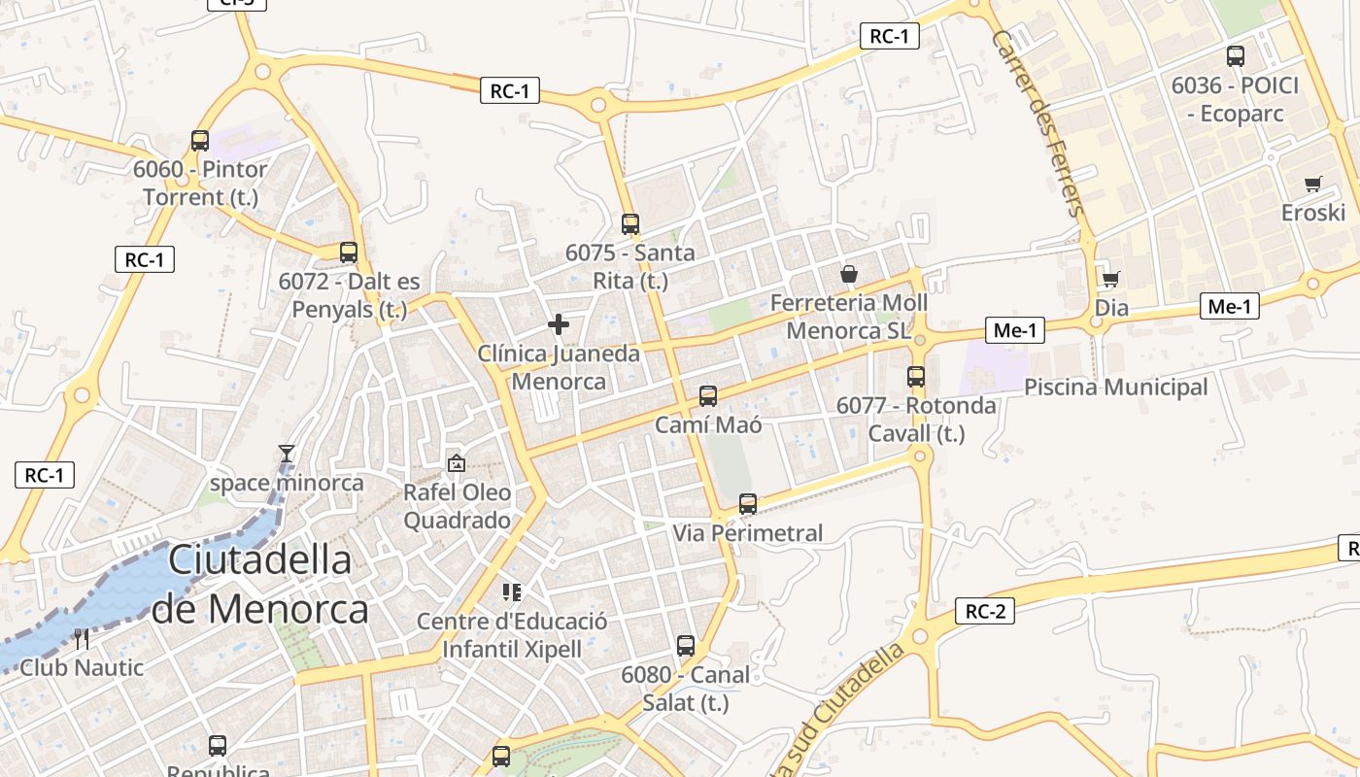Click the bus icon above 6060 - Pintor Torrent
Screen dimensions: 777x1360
(x=200, y=141)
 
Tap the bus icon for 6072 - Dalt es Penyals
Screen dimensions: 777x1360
(x=349, y=253)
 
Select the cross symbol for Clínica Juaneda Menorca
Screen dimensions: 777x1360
(x=559, y=324)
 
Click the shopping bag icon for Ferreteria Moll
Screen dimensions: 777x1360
(x=849, y=275)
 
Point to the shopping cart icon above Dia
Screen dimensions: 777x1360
(x=1110, y=280)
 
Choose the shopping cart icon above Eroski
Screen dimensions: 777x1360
(x=1313, y=184)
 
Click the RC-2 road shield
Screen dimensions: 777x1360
(x=985, y=611)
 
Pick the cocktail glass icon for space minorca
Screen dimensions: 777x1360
(x=287, y=454)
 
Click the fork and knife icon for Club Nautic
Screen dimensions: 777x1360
(x=82, y=639)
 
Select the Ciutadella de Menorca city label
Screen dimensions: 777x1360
(x=260, y=585)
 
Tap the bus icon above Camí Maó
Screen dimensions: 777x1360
(x=708, y=396)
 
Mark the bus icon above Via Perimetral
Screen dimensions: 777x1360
(x=748, y=504)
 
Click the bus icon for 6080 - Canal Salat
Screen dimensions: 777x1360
(x=686, y=646)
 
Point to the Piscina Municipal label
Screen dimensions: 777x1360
(x=1115, y=388)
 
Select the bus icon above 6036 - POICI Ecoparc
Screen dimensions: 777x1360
(x=1236, y=56)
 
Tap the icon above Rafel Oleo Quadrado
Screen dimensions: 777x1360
(x=456, y=464)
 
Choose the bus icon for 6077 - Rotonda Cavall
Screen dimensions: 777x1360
(x=916, y=377)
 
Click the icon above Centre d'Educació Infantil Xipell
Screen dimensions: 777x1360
(x=512, y=592)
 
